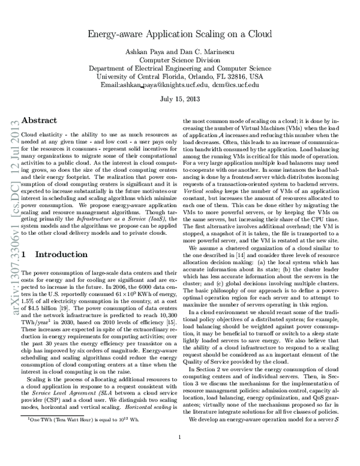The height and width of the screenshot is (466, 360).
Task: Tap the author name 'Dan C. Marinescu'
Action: pyautogui.click(x=207, y=52)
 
